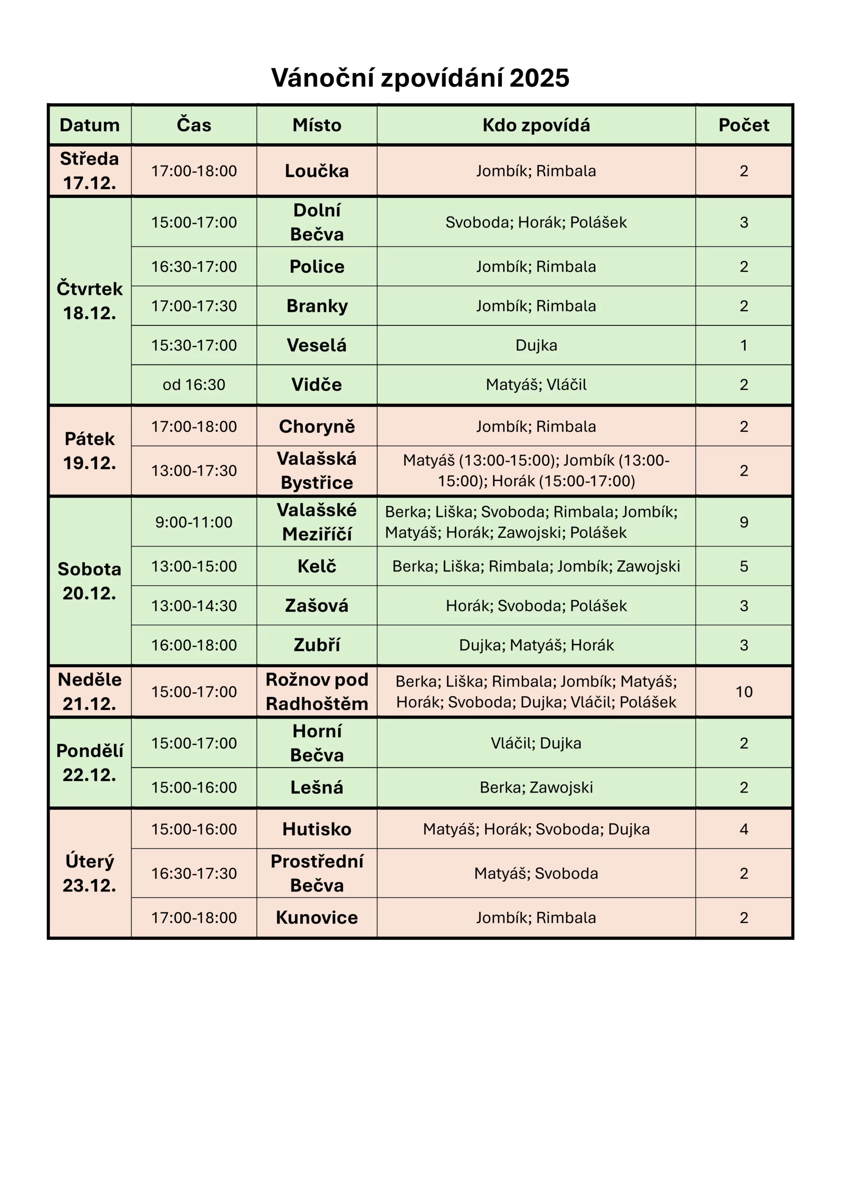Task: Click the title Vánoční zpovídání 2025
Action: (420, 78)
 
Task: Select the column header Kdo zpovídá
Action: (536, 125)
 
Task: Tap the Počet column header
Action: (743, 125)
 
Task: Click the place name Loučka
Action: (316, 171)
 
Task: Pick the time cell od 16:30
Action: (194, 384)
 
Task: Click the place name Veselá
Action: (316, 345)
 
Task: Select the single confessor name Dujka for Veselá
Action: (536, 345)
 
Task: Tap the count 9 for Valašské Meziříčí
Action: (743, 522)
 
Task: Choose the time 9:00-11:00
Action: (194, 522)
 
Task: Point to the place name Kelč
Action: (316, 566)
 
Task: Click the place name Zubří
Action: (316, 645)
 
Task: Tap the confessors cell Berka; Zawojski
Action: (536, 787)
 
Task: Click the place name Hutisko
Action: (316, 829)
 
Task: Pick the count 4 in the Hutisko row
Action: (743, 829)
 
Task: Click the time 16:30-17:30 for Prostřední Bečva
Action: (194, 873)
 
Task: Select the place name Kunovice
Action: (316, 918)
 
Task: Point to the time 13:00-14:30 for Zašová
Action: (194, 605)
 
